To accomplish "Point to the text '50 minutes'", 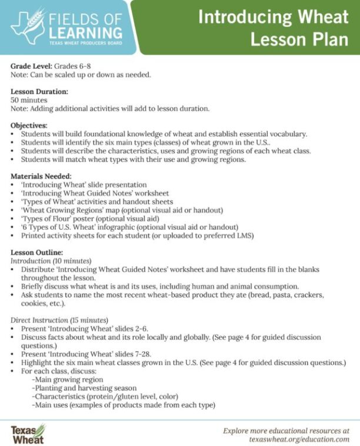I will (x=29, y=100).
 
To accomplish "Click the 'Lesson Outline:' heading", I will (x=36, y=252).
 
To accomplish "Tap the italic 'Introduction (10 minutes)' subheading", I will (x=51, y=260).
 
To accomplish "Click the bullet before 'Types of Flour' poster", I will (x=15, y=218).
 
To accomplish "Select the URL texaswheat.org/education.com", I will (x=299, y=439).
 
